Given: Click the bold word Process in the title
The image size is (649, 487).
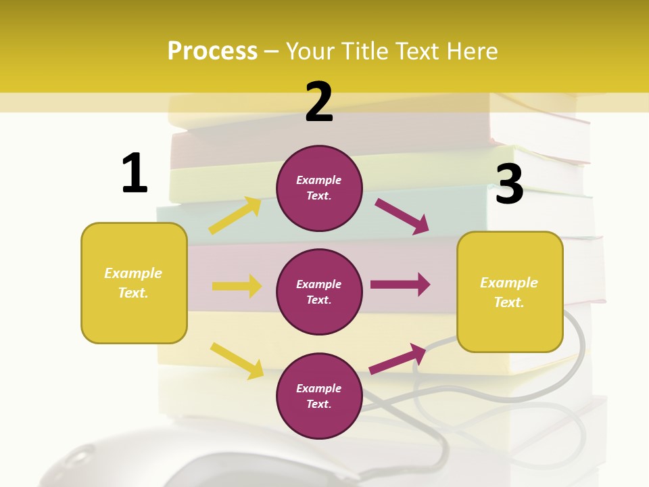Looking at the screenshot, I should click(x=212, y=51).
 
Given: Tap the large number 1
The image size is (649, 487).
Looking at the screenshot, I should click(x=135, y=173).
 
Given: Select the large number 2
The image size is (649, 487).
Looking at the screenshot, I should click(x=319, y=102).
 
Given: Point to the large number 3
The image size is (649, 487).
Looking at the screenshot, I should click(x=509, y=185).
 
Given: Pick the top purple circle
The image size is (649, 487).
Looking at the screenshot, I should click(x=319, y=188).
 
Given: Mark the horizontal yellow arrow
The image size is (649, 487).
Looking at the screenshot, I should click(x=237, y=286).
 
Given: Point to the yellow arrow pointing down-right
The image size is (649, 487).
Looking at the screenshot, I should click(x=237, y=361).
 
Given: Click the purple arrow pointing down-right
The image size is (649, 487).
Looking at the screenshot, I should click(x=402, y=216).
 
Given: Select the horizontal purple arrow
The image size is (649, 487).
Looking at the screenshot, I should click(x=400, y=285).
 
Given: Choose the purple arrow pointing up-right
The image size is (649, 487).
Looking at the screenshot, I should click(x=398, y=358).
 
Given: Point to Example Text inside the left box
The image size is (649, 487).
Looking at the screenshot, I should click(x=133, y=283).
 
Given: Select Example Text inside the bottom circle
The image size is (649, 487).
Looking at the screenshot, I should click(x=319, y=396).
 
